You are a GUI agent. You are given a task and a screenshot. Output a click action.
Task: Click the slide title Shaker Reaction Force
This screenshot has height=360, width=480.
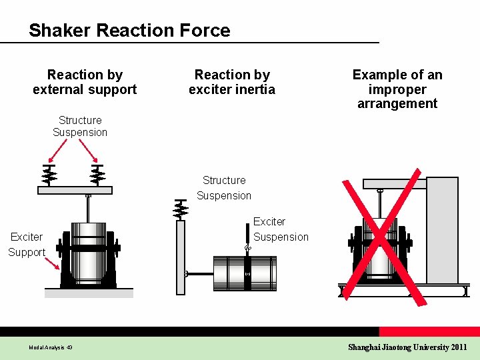point(129,31)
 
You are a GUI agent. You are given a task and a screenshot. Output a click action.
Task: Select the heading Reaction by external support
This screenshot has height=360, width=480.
point(85,82)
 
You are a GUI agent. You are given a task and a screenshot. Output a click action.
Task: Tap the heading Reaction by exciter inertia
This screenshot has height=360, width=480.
point(231,82)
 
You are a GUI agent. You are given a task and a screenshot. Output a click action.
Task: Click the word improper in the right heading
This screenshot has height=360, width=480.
point(397,89)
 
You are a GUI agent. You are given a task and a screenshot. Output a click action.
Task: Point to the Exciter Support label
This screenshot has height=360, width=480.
point(27,244)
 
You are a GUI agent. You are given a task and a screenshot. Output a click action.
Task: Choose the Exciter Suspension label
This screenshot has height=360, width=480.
point(281,229)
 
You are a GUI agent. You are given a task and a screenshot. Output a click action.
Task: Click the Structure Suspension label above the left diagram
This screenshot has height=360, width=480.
point(80,126)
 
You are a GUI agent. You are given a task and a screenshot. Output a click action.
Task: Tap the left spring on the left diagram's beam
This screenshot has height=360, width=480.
point(49,175)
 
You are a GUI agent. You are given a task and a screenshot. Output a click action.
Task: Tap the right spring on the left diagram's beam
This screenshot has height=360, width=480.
point(97,175)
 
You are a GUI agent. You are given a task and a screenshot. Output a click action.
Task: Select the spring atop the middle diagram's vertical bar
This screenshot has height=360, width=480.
point(180,209)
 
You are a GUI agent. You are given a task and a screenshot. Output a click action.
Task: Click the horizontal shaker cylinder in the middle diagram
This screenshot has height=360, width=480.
point(244,273)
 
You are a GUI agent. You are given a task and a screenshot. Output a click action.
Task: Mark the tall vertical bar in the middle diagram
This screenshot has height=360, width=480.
point(180,257)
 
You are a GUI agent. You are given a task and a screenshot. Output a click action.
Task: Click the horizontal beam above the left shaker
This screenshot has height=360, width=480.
point(75,190)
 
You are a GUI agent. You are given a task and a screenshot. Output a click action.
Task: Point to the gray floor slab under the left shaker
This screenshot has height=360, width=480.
point(89,293)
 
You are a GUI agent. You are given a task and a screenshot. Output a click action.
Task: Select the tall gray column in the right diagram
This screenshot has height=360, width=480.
point(442,230)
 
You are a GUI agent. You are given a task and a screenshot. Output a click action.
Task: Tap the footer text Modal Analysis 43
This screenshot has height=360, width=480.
point(51,347)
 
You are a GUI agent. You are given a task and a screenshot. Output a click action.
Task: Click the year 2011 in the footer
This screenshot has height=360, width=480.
point(459,347)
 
